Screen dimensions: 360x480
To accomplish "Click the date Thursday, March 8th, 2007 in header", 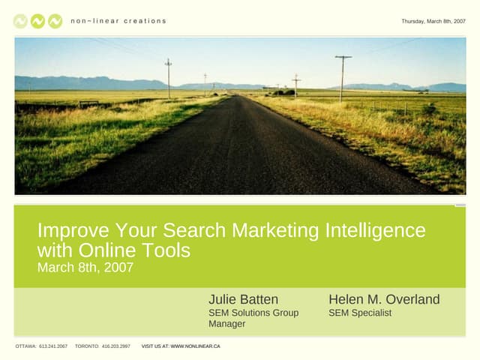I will pyautogui.click(x=433, y=21).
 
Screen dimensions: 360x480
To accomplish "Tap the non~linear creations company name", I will pyautogui.click(x=118, y=21).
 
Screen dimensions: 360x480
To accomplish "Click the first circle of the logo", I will pyautogui.click(x=21, y=21).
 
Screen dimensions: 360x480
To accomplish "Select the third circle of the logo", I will pyautogui.click(x=55, y=21).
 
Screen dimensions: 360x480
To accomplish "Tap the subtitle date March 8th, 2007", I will pyautogui.click(x=85, y=267).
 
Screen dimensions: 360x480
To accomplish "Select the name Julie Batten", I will pyautogui.click(x=243, y=299).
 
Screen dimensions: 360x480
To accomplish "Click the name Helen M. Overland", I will pyautogui.click(x=384, y=299).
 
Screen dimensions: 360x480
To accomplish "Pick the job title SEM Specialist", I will pyautogui.click(x=360, y=313).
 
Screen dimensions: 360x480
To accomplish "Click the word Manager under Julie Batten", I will pyautogui.click(x=226, y=324).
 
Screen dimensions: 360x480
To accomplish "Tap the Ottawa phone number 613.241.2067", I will pyautogui.click(x=53, y=346).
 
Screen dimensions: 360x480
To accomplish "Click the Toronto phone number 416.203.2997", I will pyautogui.click(x=115, y=346).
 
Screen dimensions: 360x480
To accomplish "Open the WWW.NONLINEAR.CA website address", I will pyautogui.click(x=195, y=346).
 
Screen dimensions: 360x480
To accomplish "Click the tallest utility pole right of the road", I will pyautogui.click(x=343, y=78).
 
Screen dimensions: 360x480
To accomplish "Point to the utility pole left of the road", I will pyautogui.click(x=168, y=78).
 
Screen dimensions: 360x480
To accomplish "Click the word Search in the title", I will pyautogui.click(x=196, y=230).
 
